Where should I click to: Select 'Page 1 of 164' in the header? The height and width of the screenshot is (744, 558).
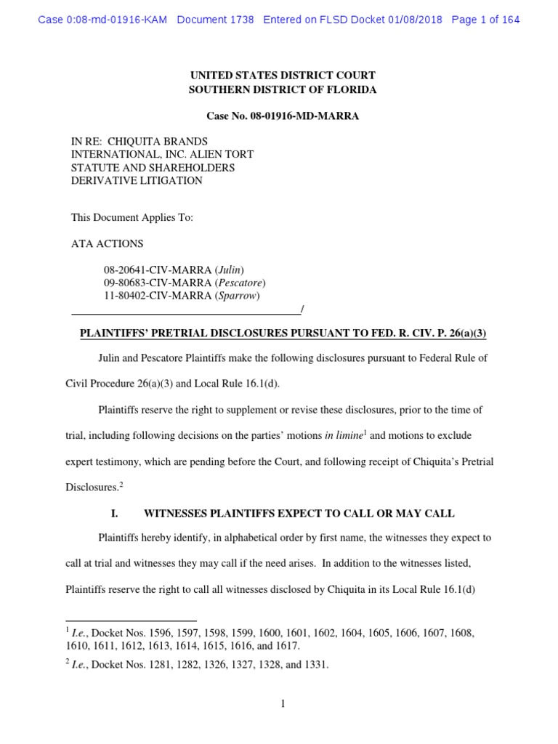(485, 20)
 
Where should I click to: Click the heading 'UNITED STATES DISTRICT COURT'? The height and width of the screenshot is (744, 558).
(283, 76)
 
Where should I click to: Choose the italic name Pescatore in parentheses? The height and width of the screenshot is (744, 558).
(240, 283)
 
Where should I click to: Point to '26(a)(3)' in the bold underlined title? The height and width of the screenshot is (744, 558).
(464, 333)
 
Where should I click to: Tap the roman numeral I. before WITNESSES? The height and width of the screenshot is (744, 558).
(114, 514)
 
